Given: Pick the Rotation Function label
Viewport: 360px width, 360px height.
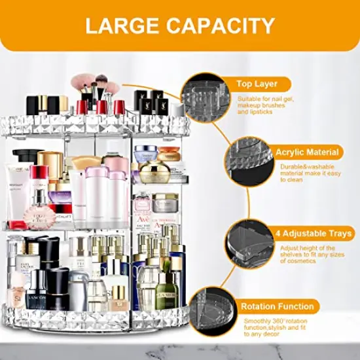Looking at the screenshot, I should [279, 306].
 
